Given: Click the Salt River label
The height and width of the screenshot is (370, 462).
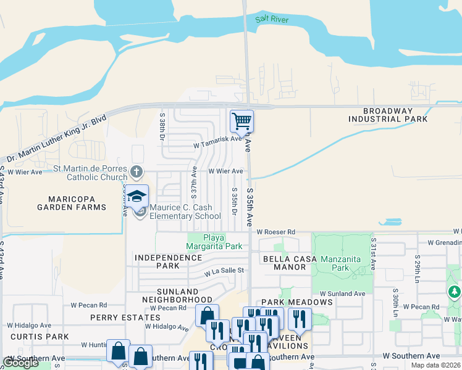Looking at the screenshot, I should tap(272, 19).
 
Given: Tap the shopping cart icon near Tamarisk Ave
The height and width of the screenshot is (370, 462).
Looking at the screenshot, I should tap(241, 120).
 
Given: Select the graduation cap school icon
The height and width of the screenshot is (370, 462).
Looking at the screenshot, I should tap(136, 197).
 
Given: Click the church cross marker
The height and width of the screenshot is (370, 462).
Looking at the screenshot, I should tap(136, 171).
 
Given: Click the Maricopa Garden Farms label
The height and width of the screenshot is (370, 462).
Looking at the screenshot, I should tap(80, 203).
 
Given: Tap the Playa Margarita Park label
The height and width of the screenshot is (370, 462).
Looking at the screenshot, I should tap(214, 242).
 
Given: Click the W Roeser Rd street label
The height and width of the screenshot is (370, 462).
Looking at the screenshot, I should tap(276, 232).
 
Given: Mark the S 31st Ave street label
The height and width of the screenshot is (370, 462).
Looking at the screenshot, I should tap(372, 251).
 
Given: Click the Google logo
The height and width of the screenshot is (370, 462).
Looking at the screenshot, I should tap(21, 363).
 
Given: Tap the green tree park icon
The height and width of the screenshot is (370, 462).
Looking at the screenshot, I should tap(455, 291).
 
